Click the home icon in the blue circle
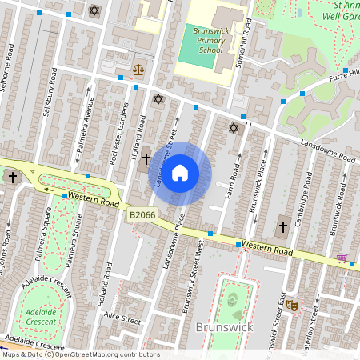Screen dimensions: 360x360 [180, 173]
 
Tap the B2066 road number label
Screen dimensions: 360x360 [142, 214]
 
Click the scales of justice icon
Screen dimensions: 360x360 [139, 69]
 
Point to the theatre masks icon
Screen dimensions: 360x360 [293, 305]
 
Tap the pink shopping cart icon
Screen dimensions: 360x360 [343, 258]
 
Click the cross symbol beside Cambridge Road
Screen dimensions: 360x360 [282, 227]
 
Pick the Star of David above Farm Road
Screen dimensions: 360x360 [234, 128]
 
